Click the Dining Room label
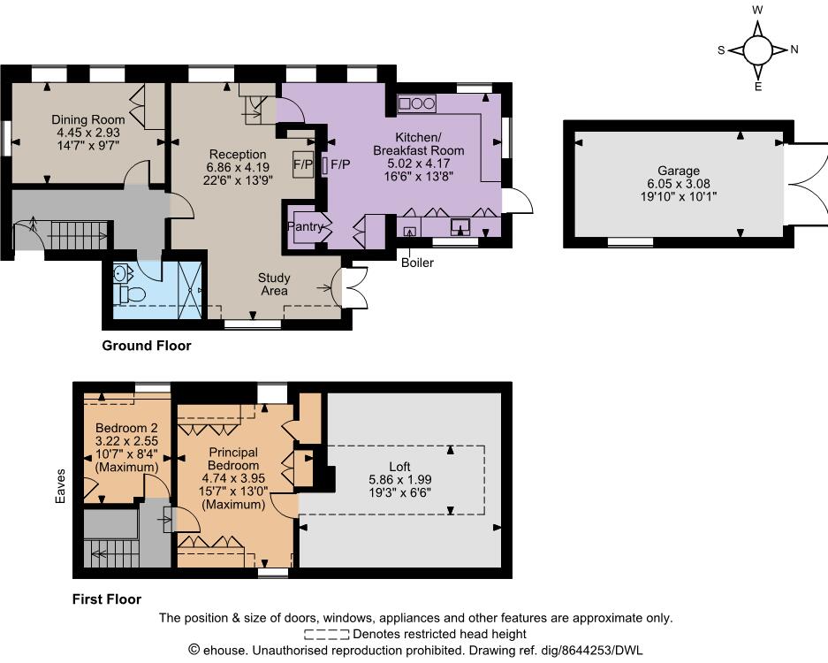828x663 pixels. coord(88,119)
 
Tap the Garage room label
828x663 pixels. coord(679,171)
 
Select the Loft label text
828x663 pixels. coord(399,467)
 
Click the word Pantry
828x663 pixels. coord(305,226)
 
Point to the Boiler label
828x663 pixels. coord(417,263)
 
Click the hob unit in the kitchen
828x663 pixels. coord(416,103)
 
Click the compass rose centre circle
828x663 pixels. coord(758,50)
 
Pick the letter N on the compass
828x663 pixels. coord(794,50)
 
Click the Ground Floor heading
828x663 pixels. coord(147,346)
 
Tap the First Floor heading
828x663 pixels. coord(107,599)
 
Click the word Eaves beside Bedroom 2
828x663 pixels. coord(61,485)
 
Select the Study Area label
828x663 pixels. coord(274,285)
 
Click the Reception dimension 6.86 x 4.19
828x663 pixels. coord(238,167)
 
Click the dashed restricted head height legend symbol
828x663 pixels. coord(326,634)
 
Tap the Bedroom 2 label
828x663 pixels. coord(126,428)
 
